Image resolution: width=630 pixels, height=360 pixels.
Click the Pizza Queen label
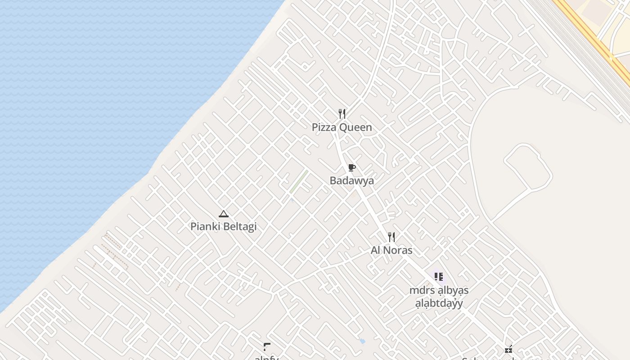tap(342, 127)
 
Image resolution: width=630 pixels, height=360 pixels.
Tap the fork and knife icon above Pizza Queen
tap(342, 114)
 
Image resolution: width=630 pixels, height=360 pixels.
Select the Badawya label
tap(351, 181)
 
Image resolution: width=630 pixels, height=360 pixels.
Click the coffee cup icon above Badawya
tap(352, 168)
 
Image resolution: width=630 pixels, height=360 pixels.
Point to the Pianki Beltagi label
tap(223, 226)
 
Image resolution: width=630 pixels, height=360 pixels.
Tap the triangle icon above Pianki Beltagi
tap(224, 214)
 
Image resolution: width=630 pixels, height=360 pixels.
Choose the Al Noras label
tap(391, 250)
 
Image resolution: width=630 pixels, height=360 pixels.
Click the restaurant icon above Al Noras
tap(391, 237)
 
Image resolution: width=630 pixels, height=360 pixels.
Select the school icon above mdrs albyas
tap(438, 277)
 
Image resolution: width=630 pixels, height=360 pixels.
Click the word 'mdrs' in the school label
tap(420, 290)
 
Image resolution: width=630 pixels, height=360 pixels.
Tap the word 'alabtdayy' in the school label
tap(439, 303)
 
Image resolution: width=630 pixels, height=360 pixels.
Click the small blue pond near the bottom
tap(362, 341)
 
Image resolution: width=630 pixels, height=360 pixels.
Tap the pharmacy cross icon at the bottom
tap(508, 349)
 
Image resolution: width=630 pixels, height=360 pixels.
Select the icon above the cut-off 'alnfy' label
tap(267, 346)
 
